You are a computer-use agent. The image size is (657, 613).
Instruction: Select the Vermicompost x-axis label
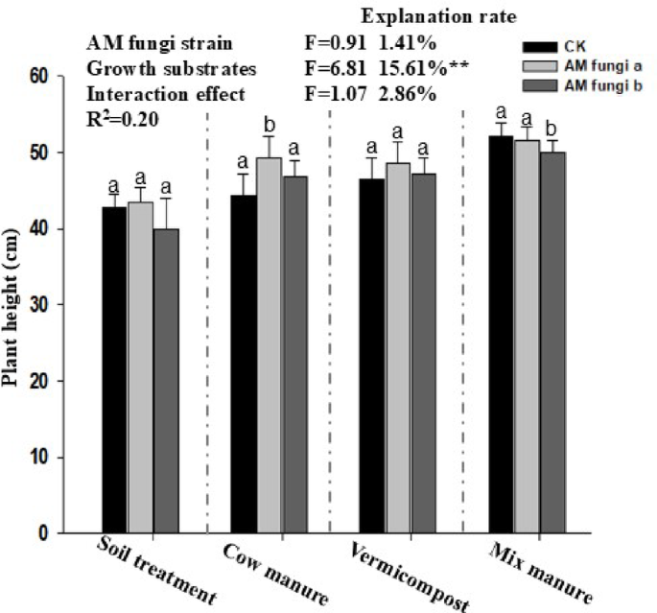[411, 578]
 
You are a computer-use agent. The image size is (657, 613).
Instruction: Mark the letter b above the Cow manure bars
[270, 125]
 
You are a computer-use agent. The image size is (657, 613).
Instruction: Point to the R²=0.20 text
[123, 120]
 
